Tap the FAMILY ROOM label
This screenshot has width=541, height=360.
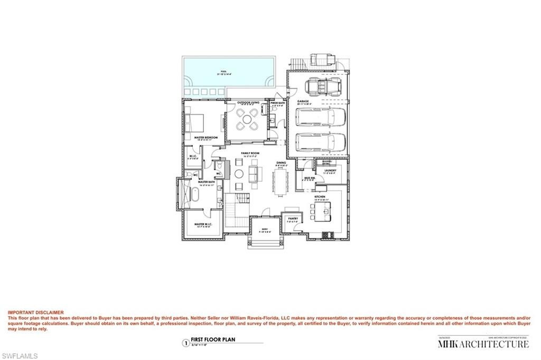249,153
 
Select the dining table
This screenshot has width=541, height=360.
280,181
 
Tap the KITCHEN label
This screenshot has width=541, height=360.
322,196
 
